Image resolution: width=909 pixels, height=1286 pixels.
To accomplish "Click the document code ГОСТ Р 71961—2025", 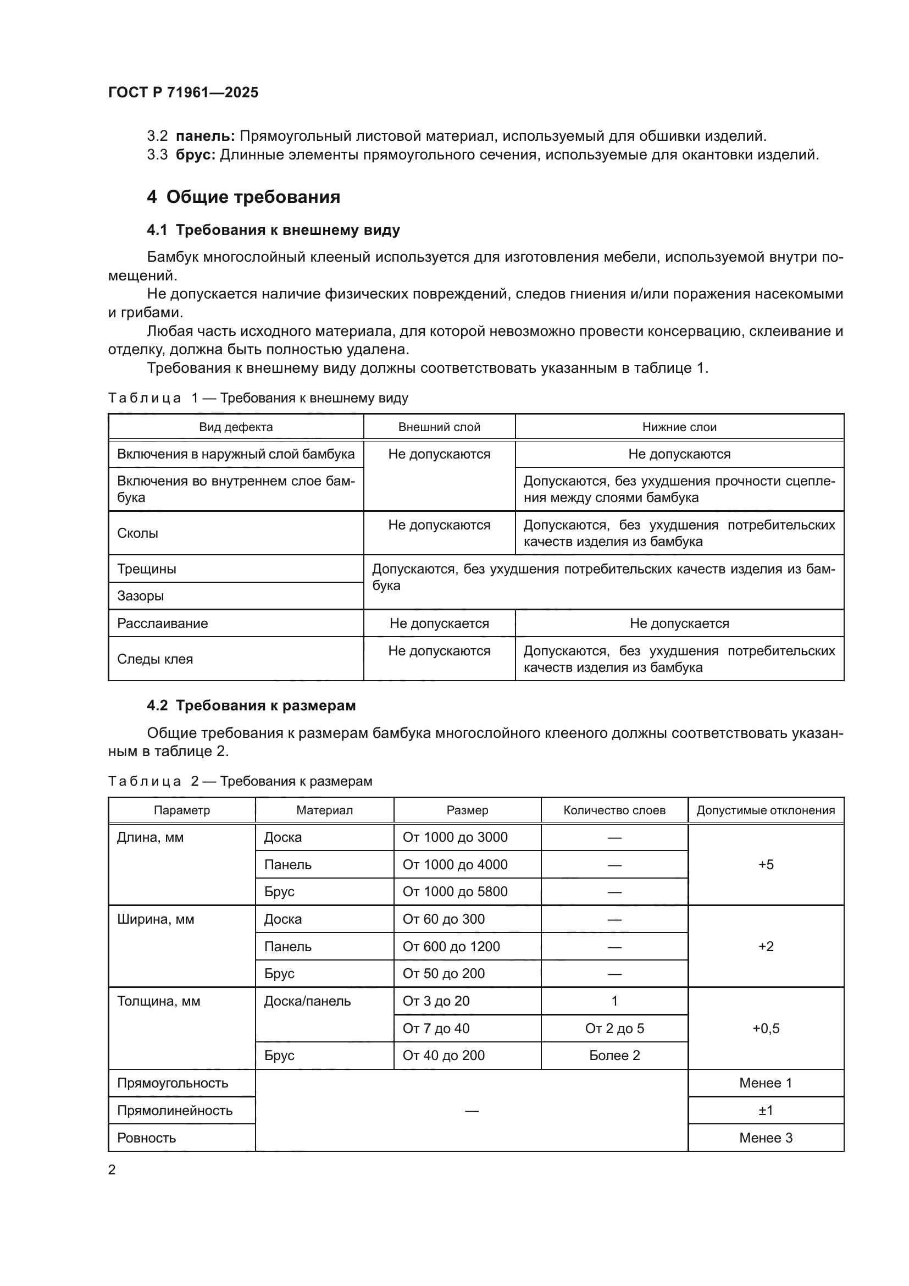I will [x=183, y=92].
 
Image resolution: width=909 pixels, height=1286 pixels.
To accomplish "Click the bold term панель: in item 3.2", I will [x=205, y=136].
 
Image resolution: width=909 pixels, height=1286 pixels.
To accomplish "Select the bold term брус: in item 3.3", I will [x=195, y=155].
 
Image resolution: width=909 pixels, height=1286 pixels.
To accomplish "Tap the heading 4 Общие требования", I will [x=243, y=197].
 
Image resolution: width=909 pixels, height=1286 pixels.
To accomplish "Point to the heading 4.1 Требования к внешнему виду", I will [x=273, y=230].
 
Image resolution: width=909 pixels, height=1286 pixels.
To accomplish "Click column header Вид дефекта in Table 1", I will [x=236, y=427].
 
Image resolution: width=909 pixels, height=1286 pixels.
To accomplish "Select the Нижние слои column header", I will [x=679, y=427].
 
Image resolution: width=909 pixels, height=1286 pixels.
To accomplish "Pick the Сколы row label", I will [x=138, y=533].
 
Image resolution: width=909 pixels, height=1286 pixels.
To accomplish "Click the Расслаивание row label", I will [x=162, y=623].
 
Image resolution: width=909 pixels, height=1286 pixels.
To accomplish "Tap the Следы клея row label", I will [x=155, y=659].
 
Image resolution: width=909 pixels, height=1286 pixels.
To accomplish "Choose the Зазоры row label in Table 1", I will [x=141, y=596].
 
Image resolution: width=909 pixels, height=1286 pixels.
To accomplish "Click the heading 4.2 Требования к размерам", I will [x=251, y=706].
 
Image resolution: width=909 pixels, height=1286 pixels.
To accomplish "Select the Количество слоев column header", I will [x=614, y=810].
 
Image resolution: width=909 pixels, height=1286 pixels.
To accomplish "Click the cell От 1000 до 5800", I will [x=454, y=892].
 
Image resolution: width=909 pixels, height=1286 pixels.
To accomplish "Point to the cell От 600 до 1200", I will [x=451, y=947].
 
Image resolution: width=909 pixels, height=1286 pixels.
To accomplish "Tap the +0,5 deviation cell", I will [x=765, y=1028].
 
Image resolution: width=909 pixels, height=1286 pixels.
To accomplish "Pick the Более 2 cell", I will [x=614, y=1056].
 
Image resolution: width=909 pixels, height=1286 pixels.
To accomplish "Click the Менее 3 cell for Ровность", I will [x=765, y=1138].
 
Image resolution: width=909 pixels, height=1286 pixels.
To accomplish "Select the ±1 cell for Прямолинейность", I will [x=765, y=1111].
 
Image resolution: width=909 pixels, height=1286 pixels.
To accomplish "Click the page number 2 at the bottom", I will [x=112, y=1170].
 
